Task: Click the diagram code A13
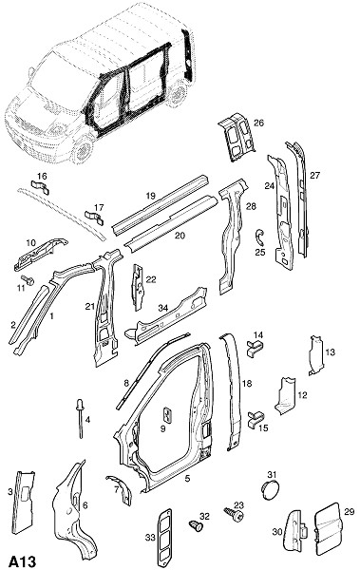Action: coord(22,561)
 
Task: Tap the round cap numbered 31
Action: coord(270,490)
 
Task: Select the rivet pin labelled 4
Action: coord(79,419)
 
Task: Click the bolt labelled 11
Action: coord(28,280)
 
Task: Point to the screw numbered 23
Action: coord(235,514)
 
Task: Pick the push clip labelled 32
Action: coord(196,525)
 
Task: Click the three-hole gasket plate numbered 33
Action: coord(164,537)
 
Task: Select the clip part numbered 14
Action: coord(256,348)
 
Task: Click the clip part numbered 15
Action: coord(256,419)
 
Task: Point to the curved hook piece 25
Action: coord(259,237)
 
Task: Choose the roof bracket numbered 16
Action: coord(40,187)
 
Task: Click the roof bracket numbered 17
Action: coord(94,218)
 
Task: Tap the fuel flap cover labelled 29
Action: coord(329,528)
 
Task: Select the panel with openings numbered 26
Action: coord(237,138)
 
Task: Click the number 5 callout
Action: coord(187,479)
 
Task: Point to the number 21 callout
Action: coord(90,307)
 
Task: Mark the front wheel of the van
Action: coord(84,150)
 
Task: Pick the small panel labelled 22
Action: coord(138,287)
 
